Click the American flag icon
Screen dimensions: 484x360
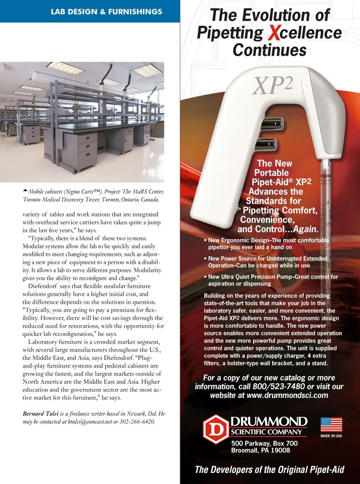click(x=331, y=425)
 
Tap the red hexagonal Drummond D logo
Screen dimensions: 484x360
click(x=216, y=429)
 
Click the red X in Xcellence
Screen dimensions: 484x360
click(x=274, y=33)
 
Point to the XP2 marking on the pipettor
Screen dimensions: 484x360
click(x=273, y=86)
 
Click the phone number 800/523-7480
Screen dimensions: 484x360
click(x=279, y=386)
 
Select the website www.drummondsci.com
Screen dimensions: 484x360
click(x=287, y=395)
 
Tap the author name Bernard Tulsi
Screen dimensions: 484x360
click(x=40, y=413)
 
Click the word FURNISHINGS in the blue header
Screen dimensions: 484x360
click(x=135, y=12)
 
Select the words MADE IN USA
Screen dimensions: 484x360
click(x=331, y=436)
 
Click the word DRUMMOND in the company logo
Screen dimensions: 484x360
click(x=268, y=421)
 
